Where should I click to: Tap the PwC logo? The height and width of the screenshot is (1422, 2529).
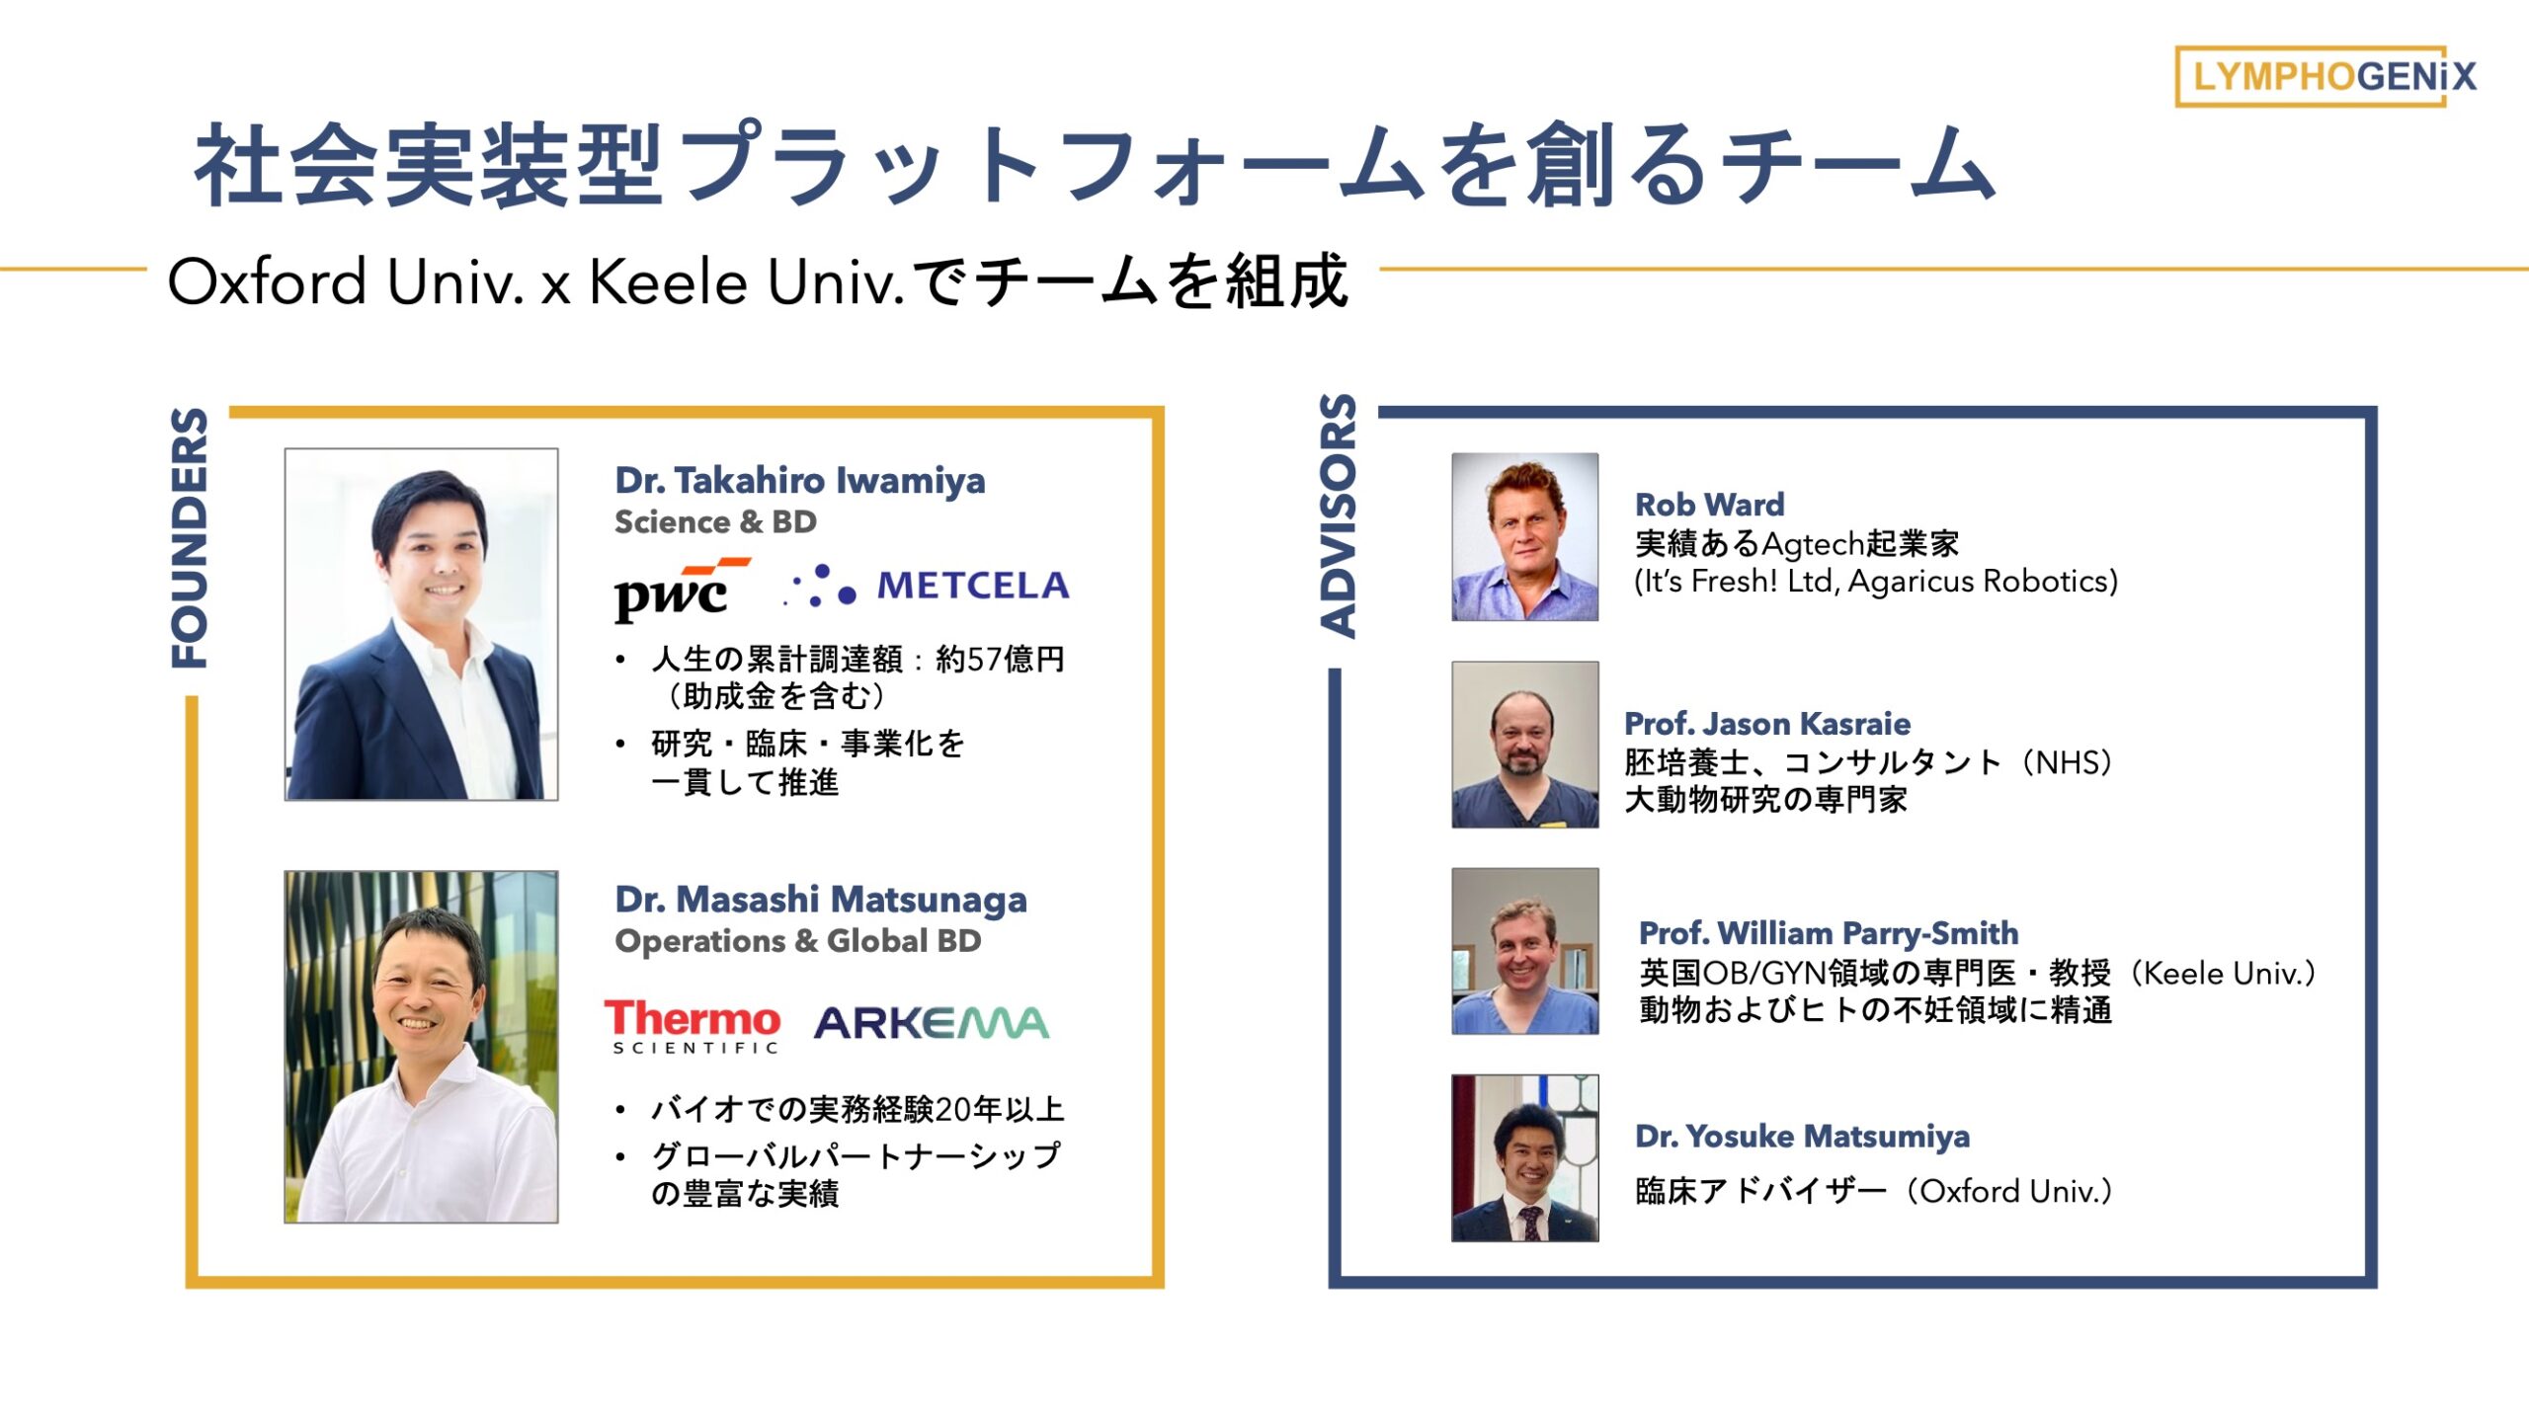click(x=682, y=590)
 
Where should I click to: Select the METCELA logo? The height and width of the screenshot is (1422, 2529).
click(x=927, y=586)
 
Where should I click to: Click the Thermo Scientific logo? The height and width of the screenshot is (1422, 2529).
click(x=693, y=1026)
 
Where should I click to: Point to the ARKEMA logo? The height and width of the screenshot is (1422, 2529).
click(x=932, y=1024)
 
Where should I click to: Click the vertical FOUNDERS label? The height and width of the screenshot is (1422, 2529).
click(x=189, y=538)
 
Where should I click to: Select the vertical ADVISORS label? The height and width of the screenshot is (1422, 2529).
click(x=1338, y=515)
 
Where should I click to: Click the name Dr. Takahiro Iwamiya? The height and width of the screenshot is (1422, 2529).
click(x=800, y=481)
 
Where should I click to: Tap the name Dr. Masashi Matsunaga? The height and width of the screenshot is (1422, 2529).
click(x=821, y=900)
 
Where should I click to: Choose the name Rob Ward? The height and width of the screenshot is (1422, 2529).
click(x=1710, y=505)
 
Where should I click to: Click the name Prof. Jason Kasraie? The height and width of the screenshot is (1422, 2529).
click(x=1767, y=724)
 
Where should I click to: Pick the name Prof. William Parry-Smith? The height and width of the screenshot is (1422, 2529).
click(x=1829, y=933)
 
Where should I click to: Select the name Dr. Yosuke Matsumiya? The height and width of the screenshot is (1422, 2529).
click(x=1802, y=1137)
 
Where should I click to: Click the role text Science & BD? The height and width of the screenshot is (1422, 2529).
click(x=715, y=522)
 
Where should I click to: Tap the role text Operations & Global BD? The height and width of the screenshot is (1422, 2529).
click(x=798, y=941)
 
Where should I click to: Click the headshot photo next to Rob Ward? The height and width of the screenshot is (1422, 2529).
click(x=1524, y=537)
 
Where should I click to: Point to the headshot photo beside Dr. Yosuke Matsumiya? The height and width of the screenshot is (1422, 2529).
click(x=1524, y=1157)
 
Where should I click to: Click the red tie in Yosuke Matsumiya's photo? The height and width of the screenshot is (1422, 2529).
click(x=1529, y=1223)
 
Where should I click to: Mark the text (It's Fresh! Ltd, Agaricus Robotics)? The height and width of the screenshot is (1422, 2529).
click(x=1876, y=582)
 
